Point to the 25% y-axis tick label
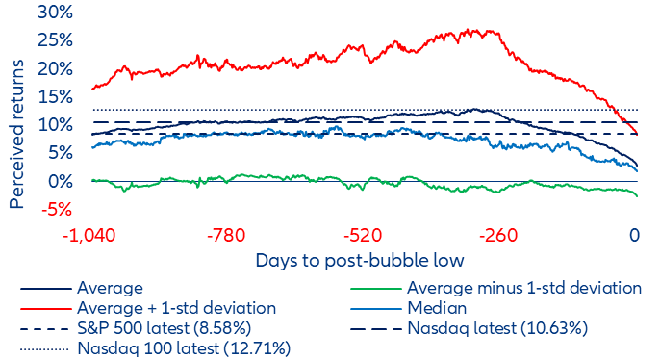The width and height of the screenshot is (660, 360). pyautogui.click(x=54, y=41)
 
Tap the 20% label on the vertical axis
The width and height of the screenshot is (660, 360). pyautogui.click(x=54, y=69)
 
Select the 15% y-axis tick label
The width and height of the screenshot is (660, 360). pyautogui.click(x=55, y=97)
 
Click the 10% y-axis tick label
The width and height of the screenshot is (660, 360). pyautogui.click(x=55, y=125)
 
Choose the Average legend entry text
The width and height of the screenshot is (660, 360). pyautogui.click(x=111, y=288)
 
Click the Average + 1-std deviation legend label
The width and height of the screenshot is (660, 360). pyautogui.click(x=177, y=308)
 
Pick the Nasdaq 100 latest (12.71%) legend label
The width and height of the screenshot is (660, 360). pyautogui.click(x=184, y=348)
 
